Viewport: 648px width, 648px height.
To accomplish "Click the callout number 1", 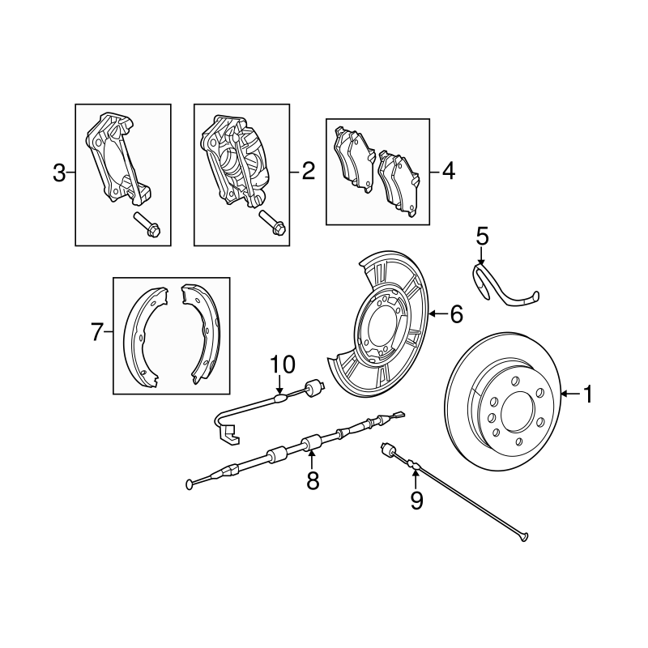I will pyautogui.click(x=587, y=394).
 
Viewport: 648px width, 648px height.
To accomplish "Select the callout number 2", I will pyautogui.click(x=307, y=171).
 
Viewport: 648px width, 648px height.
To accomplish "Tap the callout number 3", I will pyautogui.click(x=59, y=173).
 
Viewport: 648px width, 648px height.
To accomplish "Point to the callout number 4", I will pyautogui.click(x=448, y=171).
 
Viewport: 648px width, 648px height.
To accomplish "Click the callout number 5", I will pyautogui.click(x=482, y=237).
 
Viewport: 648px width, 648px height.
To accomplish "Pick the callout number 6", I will pyautogui.click(x=456, y=314).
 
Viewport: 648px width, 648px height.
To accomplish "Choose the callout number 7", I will pyautogui.click(x=96, y=332).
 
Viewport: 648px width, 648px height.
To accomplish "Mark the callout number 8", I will pyautogui.click(x=313, y=481).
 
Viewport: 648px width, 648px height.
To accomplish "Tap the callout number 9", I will pyautogui.click(x=416, y=501).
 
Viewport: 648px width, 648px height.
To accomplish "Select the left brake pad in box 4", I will pyautogui.click(x=354, y=158).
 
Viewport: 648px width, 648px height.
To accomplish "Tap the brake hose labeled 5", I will pyautogui.click(x=502, y=289).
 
